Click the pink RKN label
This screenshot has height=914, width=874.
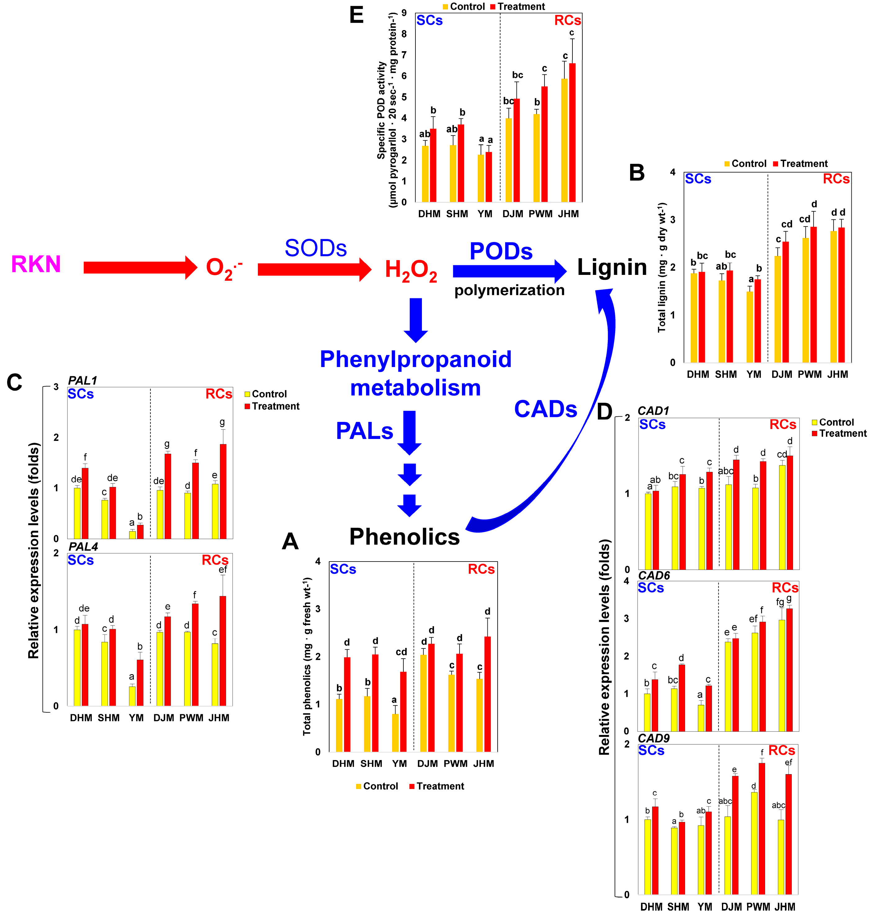coord(36,264)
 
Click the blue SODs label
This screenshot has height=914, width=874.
coord(316,248)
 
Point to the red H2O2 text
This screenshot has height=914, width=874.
coord(410,270)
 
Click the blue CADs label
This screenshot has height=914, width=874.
coord(545,409)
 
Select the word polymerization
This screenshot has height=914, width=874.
coord(509,290)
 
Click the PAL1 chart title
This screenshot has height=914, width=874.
coord(83,380)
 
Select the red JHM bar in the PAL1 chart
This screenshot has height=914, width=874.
coord(223,491)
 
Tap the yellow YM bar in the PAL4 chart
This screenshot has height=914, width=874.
coord(132,696)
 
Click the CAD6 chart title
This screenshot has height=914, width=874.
coord(654,575)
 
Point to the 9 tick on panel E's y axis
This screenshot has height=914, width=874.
coord(404,13)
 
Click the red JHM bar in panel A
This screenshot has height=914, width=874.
coord(487,694)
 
